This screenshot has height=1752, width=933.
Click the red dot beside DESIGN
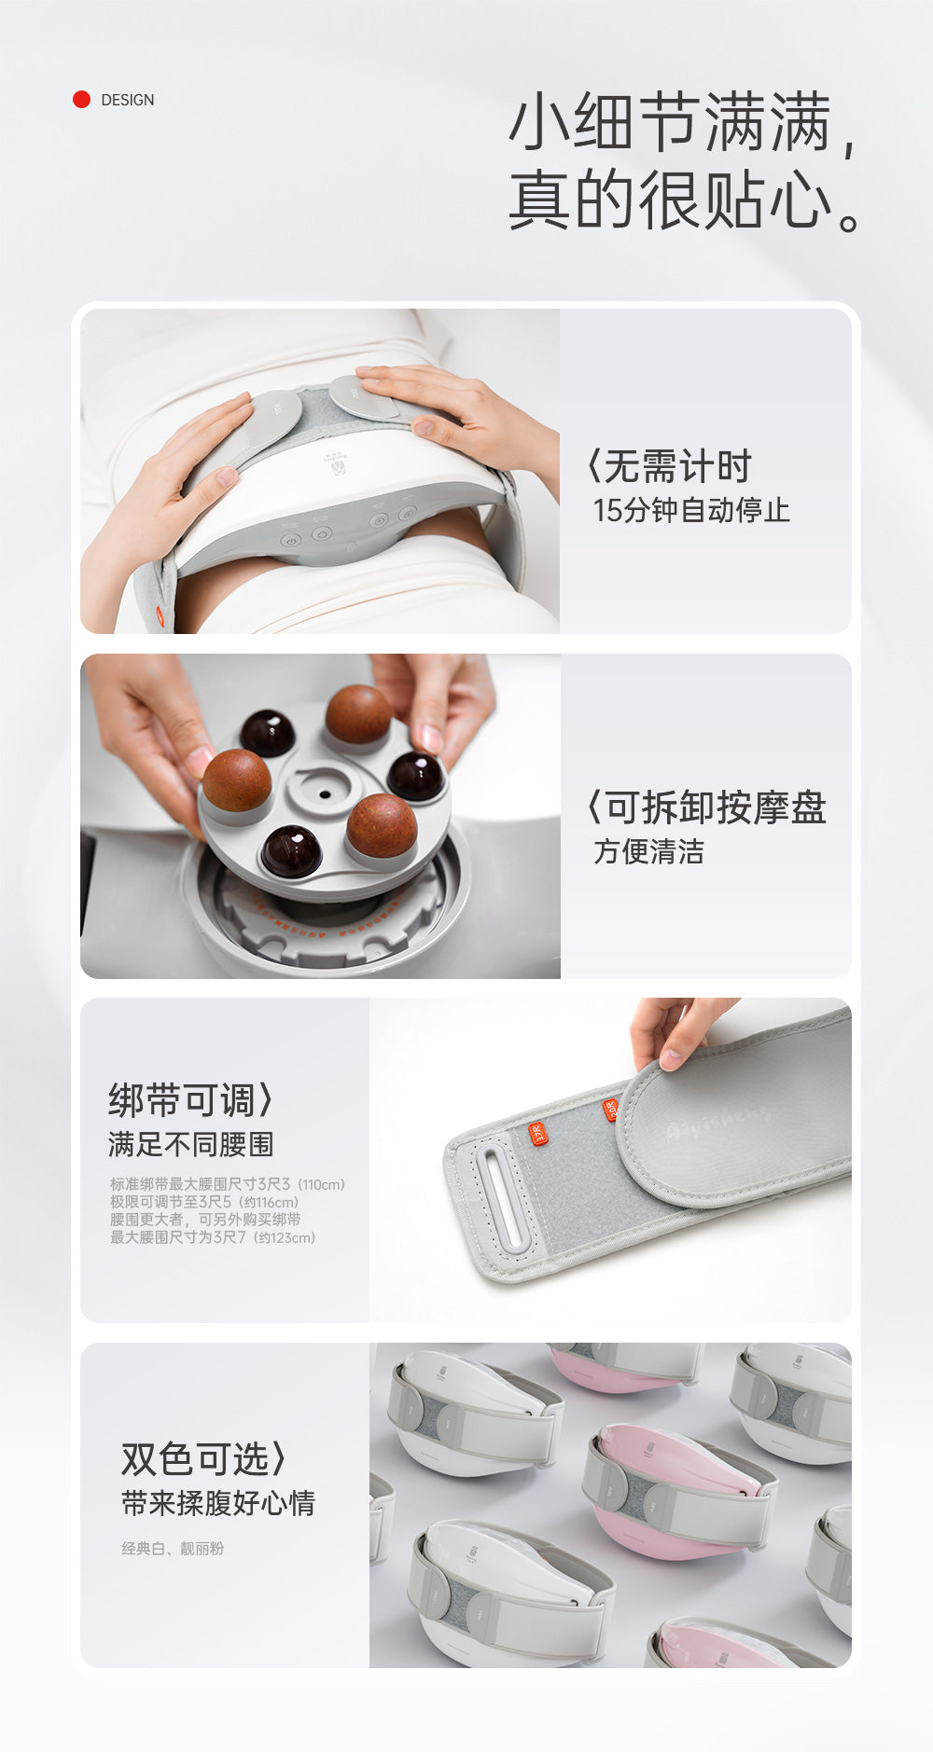(81, 99)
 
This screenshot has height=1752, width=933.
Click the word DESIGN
(128, 100)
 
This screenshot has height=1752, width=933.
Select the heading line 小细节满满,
(682, 123)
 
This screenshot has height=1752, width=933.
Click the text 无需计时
(676, 466)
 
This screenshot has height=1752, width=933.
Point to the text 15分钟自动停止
(691, 510)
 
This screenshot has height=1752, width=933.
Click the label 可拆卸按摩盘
(715, 807)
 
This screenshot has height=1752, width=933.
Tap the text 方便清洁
(649, 851)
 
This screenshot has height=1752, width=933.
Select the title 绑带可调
(186, 1100)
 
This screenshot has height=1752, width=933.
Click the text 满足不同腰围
(190, 1144)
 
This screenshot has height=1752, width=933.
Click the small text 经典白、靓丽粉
(173, 1549)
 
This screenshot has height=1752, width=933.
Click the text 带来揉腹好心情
(218, 1503)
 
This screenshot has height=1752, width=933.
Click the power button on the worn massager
(290, 540)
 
